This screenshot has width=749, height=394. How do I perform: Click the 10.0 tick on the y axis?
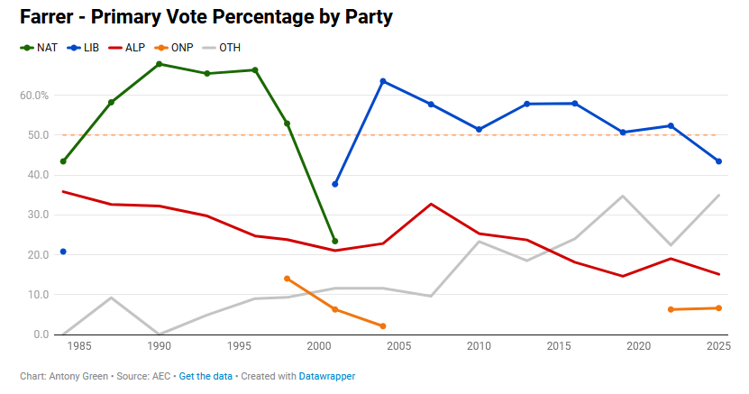pos(36,295)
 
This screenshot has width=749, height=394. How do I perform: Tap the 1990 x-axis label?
pos(160,346)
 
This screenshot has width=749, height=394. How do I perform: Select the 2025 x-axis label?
pos(718,346)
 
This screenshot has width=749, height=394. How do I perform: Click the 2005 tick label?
pos(398,346)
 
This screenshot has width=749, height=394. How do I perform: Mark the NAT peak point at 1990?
pos(159,64)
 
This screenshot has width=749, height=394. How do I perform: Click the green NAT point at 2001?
pos(334,242)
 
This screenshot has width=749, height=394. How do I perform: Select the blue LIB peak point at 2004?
pos(383,81)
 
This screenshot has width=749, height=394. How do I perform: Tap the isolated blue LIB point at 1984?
pos(63,252)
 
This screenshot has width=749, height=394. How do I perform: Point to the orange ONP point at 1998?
pos(287,279)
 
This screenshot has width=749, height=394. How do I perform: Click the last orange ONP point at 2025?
pos(718,308)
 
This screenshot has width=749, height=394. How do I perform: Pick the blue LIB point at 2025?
pos(718,161)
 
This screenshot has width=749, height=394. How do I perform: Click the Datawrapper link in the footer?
pos(327,376)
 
